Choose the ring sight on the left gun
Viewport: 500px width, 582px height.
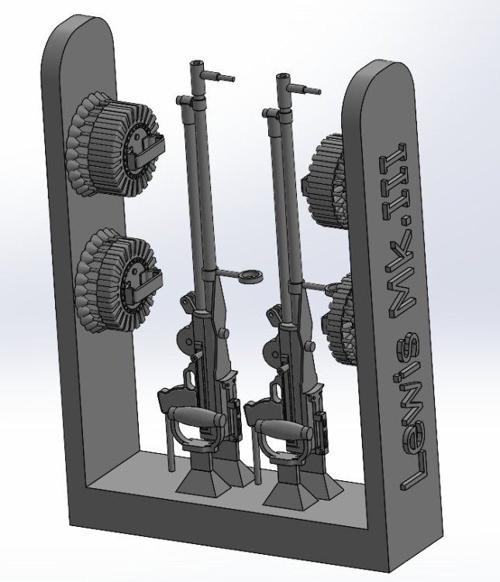(x=250, y=277)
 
